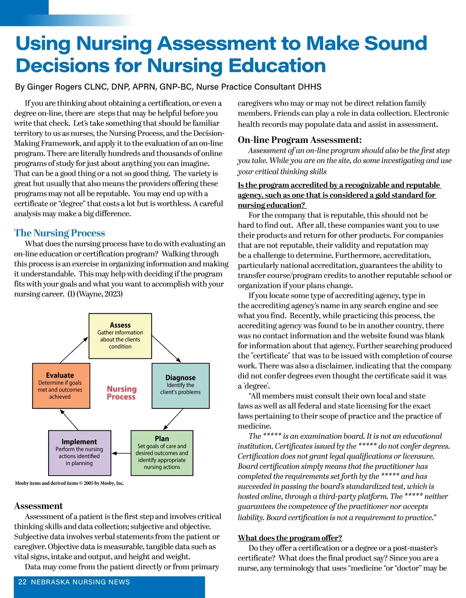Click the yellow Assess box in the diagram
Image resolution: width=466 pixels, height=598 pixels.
120,336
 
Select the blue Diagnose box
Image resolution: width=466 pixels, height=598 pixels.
181,386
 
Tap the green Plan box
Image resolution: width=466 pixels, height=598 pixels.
162,453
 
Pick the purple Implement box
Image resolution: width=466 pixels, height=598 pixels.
80,453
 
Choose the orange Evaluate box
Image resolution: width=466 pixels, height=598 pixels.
61,386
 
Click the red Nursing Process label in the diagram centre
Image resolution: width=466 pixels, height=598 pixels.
122,393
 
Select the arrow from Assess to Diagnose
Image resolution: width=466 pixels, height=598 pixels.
166,349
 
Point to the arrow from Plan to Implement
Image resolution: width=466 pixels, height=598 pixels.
121,453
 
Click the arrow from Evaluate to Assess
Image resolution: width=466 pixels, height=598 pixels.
74,350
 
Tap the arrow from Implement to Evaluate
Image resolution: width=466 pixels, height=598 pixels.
70,420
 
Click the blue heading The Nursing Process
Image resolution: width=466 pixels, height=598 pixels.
59,233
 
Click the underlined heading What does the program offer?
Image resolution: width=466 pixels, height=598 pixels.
290,538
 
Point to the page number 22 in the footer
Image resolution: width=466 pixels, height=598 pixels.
23,582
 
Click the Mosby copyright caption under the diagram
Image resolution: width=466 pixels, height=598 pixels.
70,483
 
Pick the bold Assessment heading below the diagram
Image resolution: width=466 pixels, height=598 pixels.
38,506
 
